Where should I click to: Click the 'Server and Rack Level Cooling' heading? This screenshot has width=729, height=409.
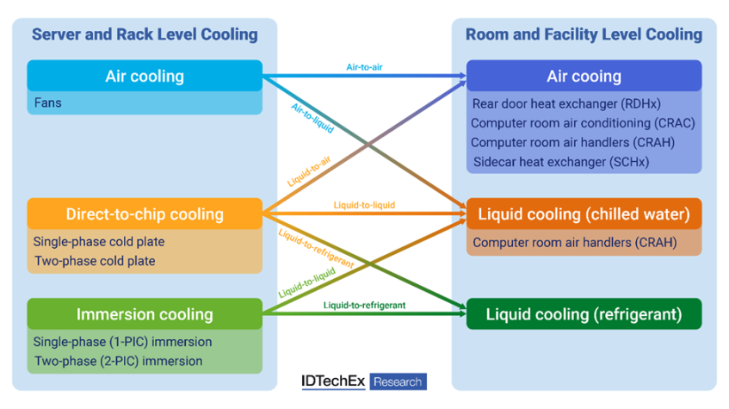point(145,34)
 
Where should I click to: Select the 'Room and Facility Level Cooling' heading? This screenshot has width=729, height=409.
point(584,34)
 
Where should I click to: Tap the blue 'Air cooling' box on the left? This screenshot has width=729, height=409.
point(145,76)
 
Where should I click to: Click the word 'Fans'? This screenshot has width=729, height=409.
point(47,103)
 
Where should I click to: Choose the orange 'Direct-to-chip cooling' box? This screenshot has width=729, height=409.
point(145,214)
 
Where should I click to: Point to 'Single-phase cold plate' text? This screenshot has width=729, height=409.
point(98,242)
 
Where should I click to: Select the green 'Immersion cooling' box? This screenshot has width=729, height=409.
point(145,314)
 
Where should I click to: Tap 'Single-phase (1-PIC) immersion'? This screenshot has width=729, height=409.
point(122,342)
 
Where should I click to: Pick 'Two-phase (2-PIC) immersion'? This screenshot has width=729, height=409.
point(118,361)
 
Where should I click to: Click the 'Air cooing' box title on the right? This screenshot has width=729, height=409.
point(584,76)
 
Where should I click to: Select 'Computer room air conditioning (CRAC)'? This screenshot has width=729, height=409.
point(583,123)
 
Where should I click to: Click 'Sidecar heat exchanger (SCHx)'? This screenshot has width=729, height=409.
point(561,161)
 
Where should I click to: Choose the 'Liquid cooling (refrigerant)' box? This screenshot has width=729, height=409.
point(584,314)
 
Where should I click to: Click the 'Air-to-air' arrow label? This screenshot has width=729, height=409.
point(364,66)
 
